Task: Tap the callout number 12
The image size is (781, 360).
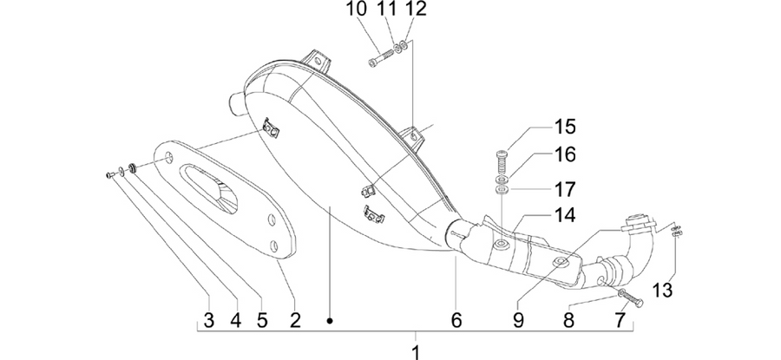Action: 417,9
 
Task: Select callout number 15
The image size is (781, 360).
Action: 565,127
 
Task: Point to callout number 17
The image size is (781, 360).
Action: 565,190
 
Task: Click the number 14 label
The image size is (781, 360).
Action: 565,216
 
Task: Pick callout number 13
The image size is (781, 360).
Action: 664,290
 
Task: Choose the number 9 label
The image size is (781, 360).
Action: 519,321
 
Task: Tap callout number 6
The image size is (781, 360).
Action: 456,321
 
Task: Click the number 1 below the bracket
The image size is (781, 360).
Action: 417,352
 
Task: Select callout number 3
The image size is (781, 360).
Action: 209,321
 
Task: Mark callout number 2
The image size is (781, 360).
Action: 295,321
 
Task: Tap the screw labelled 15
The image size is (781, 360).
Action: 502,160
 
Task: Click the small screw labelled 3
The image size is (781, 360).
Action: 110,174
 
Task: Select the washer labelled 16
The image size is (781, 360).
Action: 502,179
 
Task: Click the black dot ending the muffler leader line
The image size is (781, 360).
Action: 329,321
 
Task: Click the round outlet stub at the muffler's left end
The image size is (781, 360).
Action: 238,103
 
